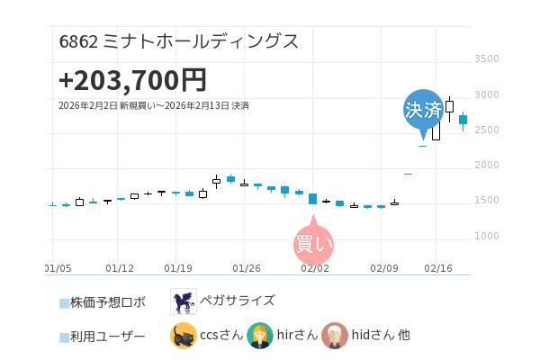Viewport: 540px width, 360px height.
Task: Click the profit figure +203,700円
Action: click(x=132, y=80)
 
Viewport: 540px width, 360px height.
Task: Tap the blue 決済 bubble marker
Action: click(x=423, y=110)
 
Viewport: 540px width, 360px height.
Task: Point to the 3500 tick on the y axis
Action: click(x=486, y=59)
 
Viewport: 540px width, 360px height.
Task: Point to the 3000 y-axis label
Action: click(x=486, y=94)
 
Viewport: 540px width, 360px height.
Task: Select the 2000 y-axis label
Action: click(x=486, y=166)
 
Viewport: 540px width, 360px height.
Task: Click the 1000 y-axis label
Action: click(x=486, y=237)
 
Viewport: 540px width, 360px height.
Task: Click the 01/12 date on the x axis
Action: click(x=120, y=268)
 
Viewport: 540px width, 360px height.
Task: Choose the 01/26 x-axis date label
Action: click(x=247, y=268)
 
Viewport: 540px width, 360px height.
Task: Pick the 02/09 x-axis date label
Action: click(x=384, y=268)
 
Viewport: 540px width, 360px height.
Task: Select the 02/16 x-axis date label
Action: click(x=437, y=268)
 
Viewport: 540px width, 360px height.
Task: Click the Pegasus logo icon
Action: click(x=183, y=301)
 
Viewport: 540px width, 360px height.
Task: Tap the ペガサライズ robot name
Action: click(x=238, y=301)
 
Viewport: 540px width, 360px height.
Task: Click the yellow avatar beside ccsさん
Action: click(x=183, y=336)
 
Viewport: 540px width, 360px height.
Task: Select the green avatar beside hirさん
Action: click(x=260, y=336)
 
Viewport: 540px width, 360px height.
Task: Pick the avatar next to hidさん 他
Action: click(x=336, y=336)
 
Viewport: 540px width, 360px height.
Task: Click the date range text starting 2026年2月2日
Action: click(x=154, y=106)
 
